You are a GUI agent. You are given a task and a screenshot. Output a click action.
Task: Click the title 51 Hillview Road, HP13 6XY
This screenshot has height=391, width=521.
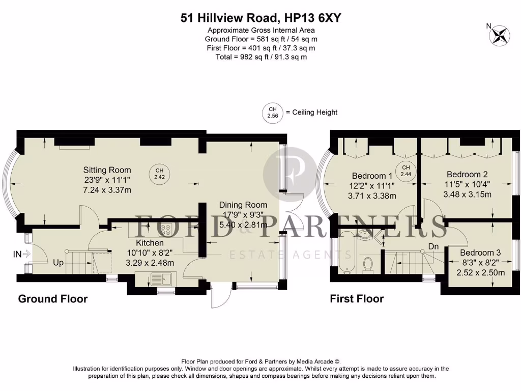pos(260,18)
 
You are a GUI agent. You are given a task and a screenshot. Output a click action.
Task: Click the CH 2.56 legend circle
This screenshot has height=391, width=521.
pos(272,112)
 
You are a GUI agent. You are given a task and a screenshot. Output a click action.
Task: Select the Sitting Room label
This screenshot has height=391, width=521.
pos(107,170)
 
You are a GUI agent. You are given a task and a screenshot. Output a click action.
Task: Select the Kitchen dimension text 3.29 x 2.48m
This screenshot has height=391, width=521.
pos(150,263)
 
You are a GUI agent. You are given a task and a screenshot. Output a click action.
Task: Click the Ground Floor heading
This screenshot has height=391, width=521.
pos(53,299)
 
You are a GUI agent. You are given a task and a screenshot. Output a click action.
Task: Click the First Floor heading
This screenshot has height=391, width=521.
pos(357,299)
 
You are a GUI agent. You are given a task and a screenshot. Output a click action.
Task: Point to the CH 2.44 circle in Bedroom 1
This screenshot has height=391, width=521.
pos(406,170)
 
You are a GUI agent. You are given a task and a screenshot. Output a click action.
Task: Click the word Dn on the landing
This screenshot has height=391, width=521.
pos(433,246)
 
